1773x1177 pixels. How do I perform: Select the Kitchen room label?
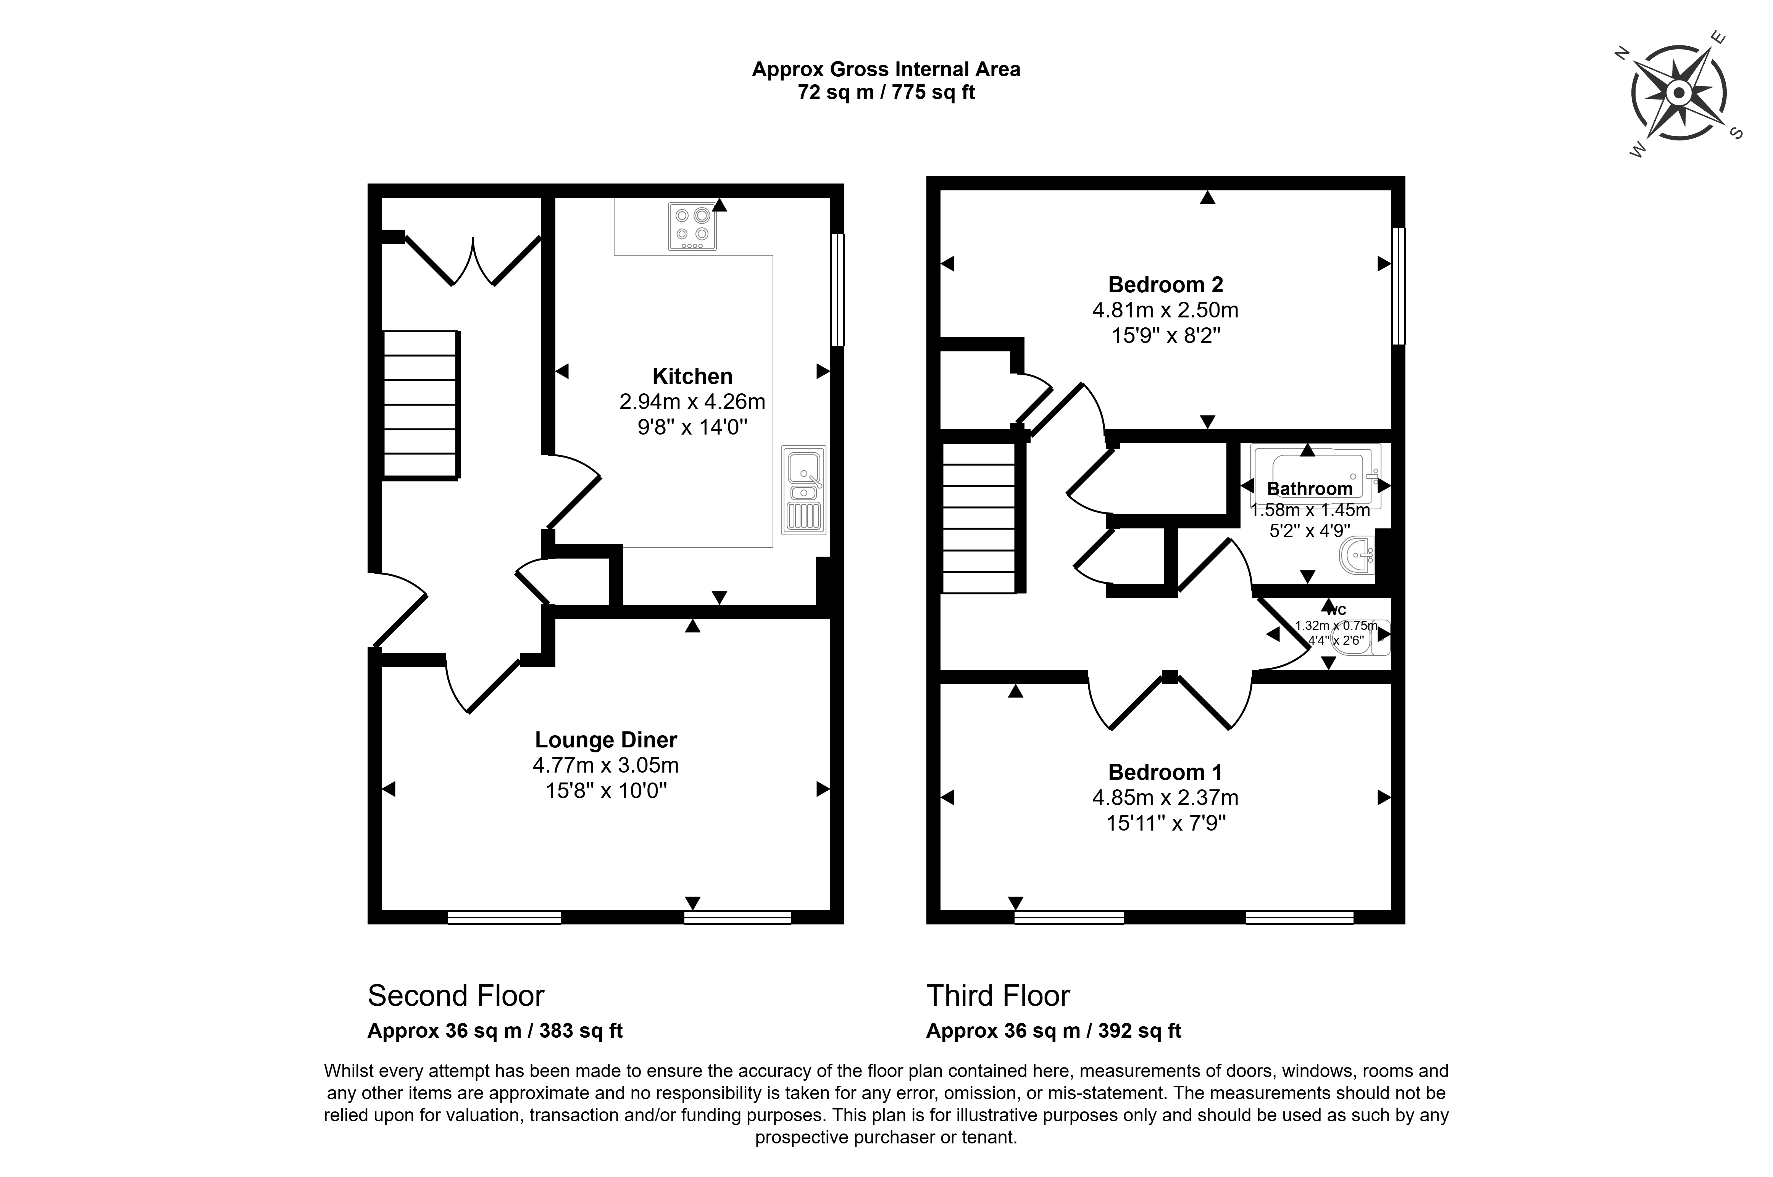coord(692,376)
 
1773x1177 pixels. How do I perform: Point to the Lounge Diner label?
coord(606,740)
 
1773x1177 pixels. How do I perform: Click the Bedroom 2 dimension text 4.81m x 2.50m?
coord(1165,310)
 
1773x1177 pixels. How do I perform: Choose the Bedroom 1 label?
coord(1165,773)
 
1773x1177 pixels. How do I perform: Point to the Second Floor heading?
coord(456,996)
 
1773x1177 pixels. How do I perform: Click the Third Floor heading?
coord(998,996)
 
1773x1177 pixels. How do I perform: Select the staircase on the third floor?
coord(979,518)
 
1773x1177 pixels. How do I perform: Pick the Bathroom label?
coord(1310,489)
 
